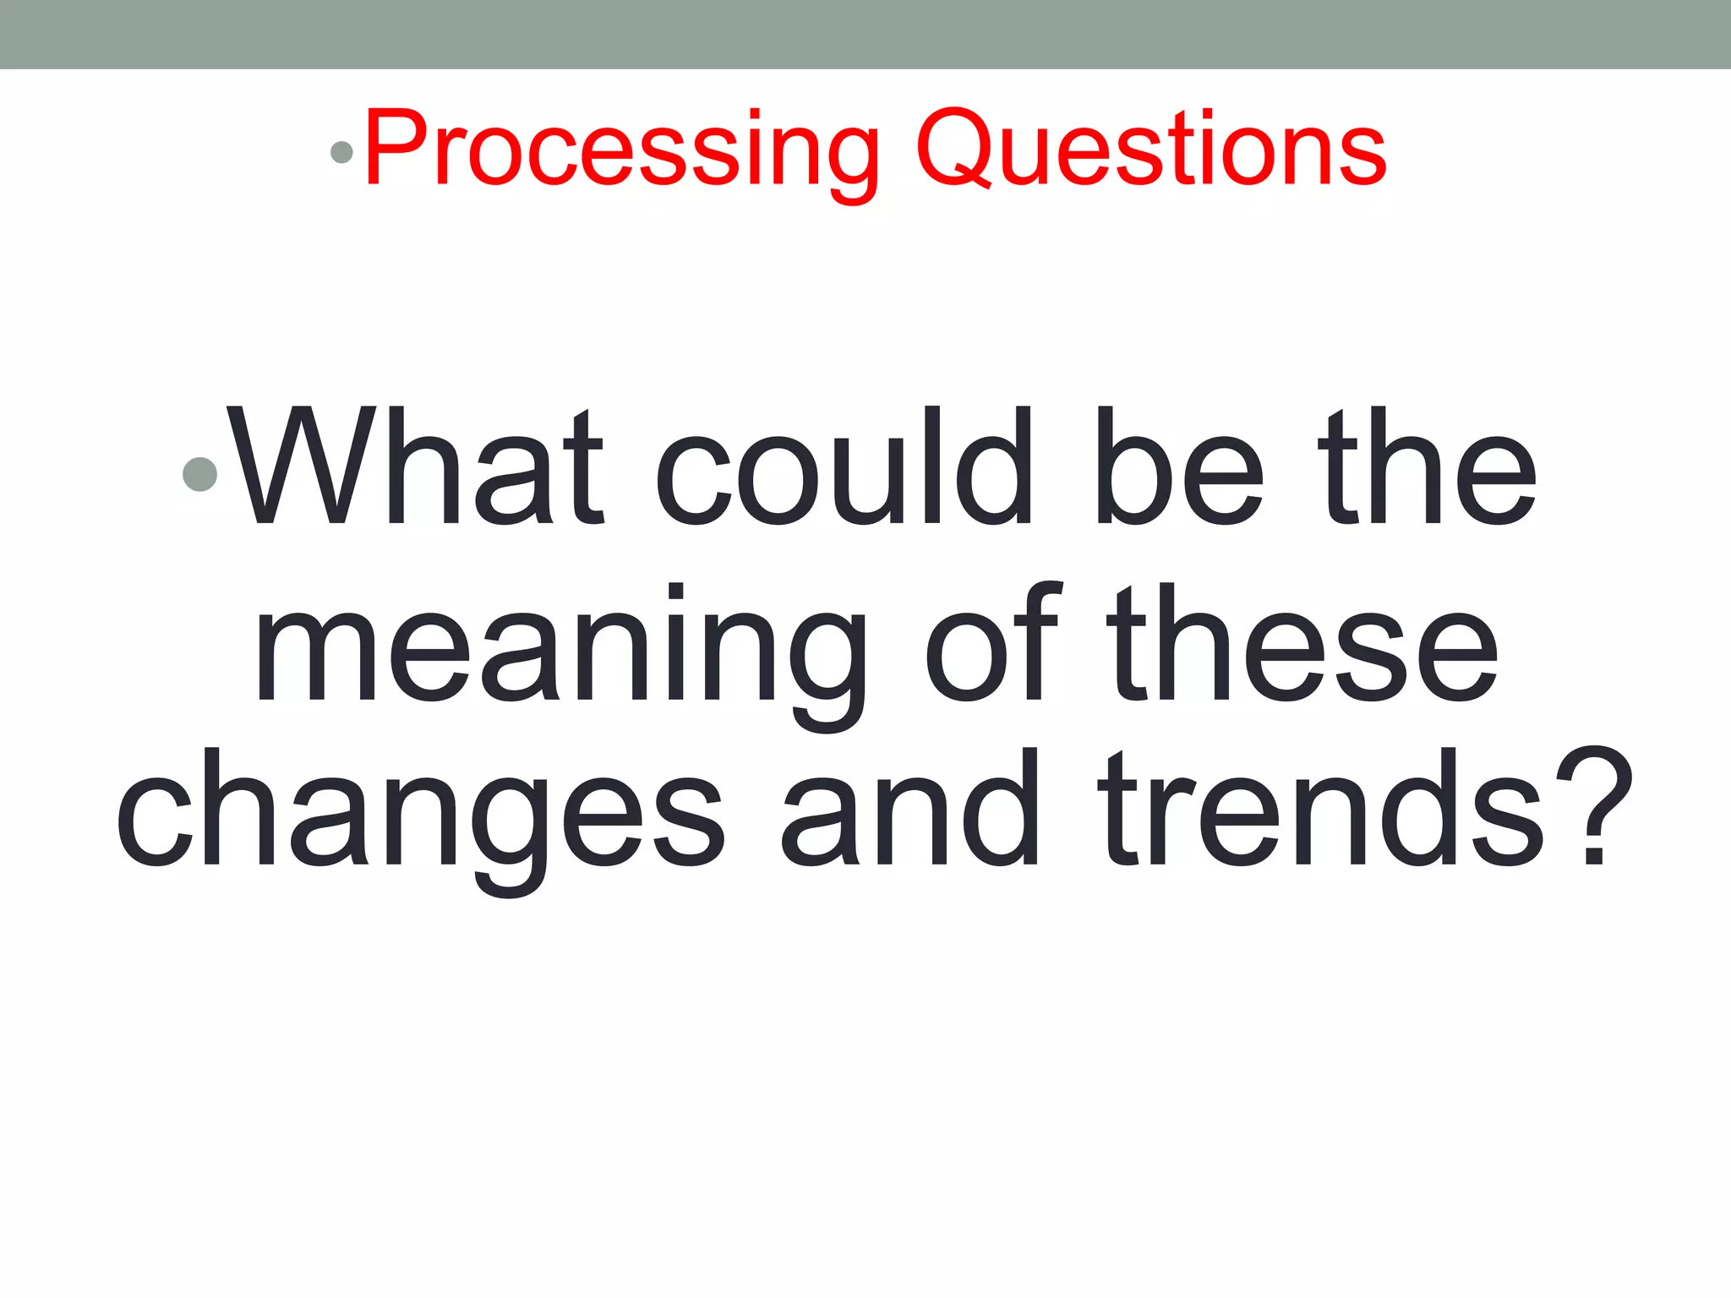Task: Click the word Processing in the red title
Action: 622,150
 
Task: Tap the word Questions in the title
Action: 1150,150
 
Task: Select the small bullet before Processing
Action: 341,152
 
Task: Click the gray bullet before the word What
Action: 200,474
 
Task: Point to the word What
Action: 415,467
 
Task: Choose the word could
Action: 843,467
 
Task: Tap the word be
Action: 1180,467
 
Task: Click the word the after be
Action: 1428,467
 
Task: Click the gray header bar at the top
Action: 865,34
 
